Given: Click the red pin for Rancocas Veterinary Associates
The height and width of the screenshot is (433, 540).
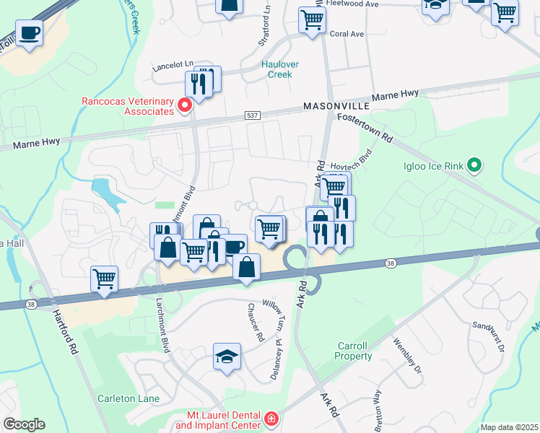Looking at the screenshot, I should coord(184,106).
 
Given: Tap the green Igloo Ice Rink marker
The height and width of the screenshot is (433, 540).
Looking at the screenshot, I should coord(474,167).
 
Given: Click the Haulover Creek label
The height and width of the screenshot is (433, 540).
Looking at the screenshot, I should coord(279,69).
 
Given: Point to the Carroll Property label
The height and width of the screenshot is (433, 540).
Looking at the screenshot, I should coord(354,351).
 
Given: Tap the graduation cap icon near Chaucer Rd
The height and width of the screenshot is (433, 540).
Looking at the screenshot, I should coord(227,357).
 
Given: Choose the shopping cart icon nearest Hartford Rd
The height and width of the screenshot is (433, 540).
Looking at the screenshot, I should coord(104,278).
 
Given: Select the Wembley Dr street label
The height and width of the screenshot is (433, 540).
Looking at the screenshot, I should coord(406,357).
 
